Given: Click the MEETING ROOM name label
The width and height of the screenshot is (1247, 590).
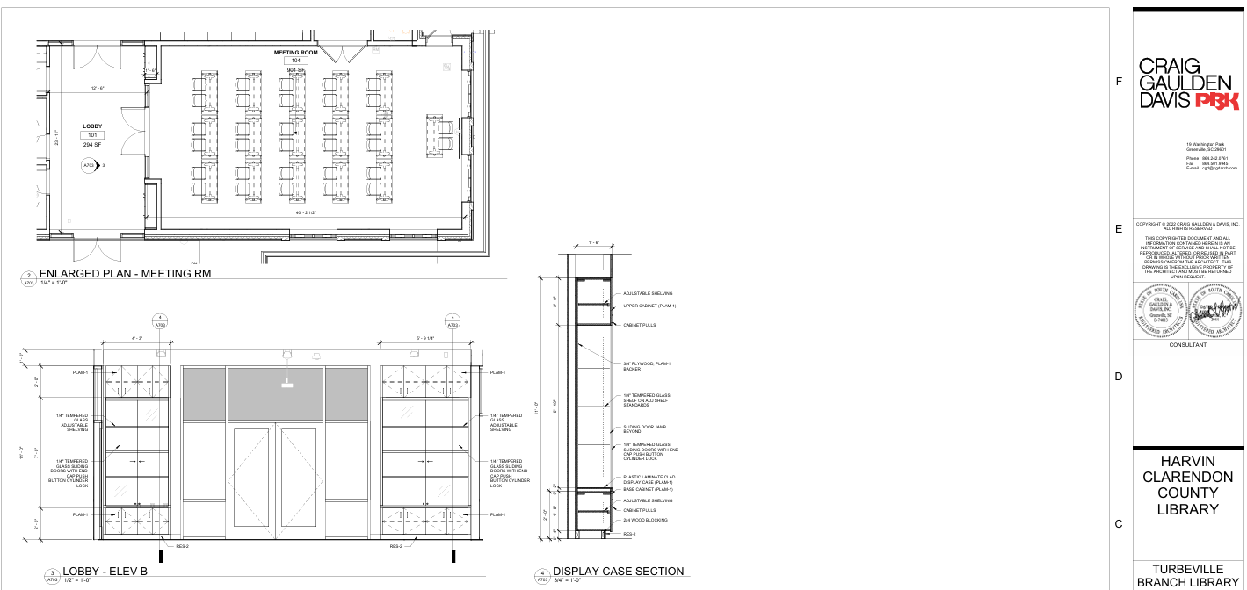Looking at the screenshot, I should coord(295,53).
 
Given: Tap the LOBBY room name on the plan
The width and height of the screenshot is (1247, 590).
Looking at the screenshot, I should coord(92,126).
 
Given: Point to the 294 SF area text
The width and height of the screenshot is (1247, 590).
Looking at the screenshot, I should coord(92,144).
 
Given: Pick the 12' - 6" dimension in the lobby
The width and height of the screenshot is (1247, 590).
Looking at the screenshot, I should coord(98,88).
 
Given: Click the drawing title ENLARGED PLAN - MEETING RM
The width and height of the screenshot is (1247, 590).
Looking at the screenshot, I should coord(125,274).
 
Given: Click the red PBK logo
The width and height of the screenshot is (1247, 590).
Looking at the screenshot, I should coord(1217,101).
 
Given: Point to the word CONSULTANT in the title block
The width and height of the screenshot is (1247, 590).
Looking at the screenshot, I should coord(1186,345).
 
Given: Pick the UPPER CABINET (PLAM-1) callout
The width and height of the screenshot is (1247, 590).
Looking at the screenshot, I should coord(649,306).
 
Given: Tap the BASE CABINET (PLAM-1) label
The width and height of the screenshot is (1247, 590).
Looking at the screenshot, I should coord(648,489).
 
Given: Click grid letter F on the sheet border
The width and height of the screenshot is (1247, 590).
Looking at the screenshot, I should coord(1119,82).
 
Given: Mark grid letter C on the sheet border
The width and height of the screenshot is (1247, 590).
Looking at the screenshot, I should coord(1119,524).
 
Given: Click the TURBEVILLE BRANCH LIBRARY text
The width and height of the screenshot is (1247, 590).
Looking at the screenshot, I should coord(1187,576).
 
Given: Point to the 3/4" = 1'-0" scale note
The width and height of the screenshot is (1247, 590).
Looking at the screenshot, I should coord(568,580).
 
